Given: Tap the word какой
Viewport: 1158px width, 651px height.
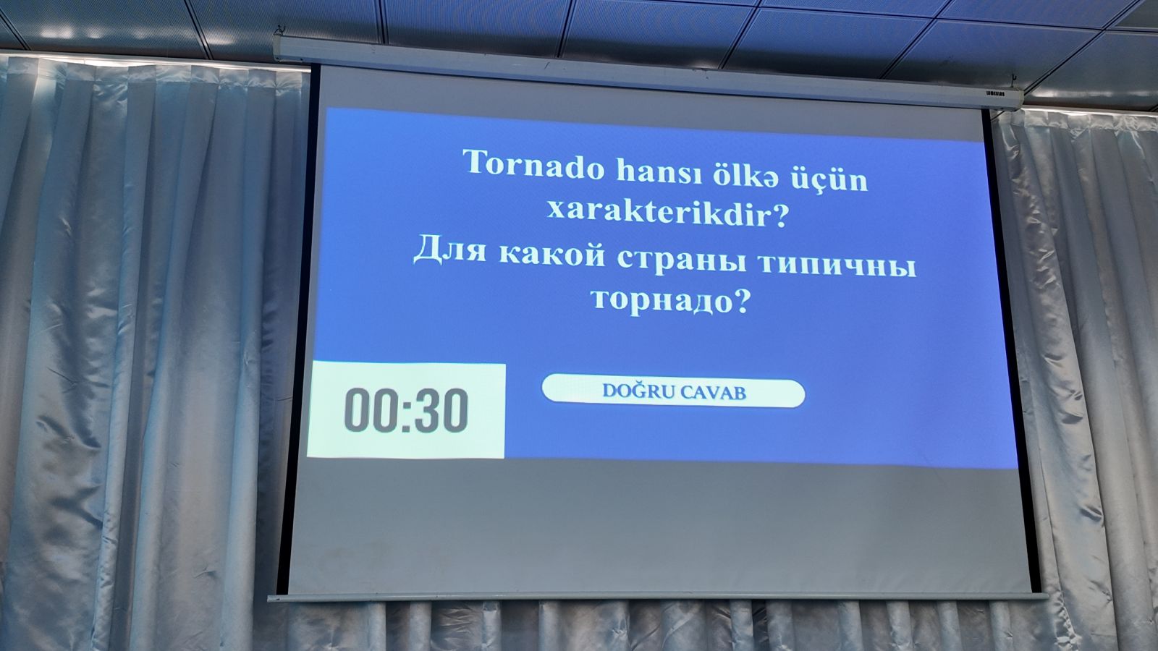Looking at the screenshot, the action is click(552, 254).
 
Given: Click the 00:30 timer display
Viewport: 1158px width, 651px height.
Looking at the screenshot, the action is click(406, 410).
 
